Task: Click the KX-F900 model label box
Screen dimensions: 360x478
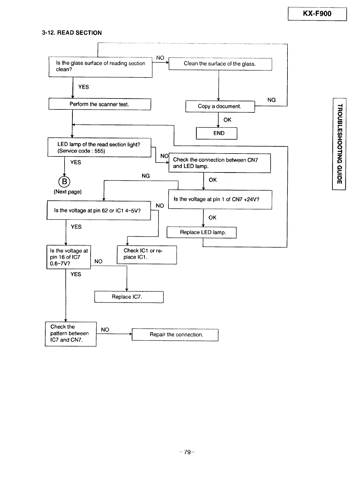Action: [317, 14]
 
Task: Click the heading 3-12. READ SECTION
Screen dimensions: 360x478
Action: [72, 33]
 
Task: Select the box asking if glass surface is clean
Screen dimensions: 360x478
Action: [100, 67]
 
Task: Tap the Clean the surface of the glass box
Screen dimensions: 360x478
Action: [220, 64]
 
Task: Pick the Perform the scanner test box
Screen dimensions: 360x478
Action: [99, 104]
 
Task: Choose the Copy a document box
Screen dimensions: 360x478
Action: [220, 106]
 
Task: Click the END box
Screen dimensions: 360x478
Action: [216, 133]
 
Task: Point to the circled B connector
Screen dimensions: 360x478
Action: [64, 181]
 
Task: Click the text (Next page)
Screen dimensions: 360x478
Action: [67, 192]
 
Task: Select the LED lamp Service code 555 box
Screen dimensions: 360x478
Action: [99, 147]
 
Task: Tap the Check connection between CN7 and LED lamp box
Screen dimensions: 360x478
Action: [219, 163]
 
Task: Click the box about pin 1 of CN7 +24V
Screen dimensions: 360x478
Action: [220, 199]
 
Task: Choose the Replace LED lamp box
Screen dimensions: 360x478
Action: [201, 232]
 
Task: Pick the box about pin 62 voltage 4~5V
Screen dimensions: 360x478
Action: [99, 210]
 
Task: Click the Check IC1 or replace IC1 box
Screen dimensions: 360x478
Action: [147, 255]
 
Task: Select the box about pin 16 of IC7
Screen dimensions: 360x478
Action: [69, 257]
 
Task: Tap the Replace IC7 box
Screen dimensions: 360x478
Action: [129, 297]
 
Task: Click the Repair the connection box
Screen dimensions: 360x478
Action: [175, 335]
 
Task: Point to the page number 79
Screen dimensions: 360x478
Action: [187, 452]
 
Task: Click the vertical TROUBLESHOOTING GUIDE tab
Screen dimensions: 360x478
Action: [339, 144]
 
